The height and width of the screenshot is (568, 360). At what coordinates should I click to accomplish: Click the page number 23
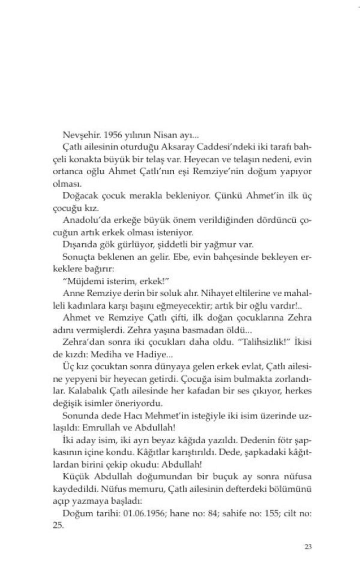coord(308,546)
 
